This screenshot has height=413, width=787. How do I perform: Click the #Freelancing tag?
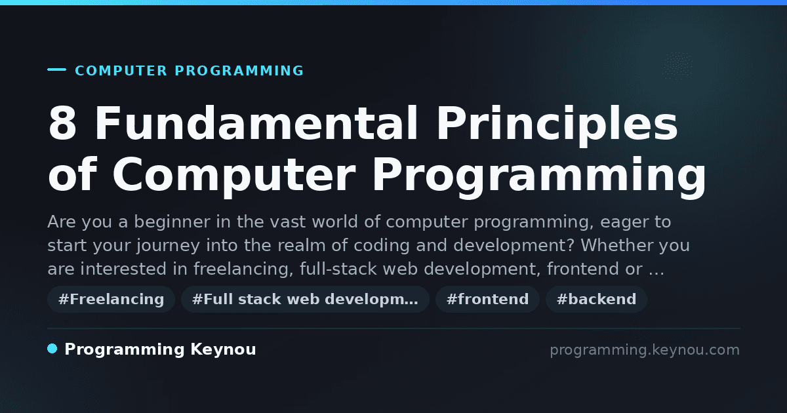(x=111, y=299)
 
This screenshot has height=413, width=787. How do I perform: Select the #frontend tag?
(x=487, y=299)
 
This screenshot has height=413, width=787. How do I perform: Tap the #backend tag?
(x=596, y=299)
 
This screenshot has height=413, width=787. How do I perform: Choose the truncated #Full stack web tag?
(x=305, y=299)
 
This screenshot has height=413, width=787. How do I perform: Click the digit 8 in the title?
(x=62, y=124)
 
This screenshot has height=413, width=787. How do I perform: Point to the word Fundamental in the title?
(x=256, y=123)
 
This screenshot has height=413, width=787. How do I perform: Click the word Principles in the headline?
(x=557, y=127)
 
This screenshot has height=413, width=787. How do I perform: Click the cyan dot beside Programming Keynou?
(x=52, y=349)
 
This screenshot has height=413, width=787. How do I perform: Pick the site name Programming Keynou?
(x=160, y=349)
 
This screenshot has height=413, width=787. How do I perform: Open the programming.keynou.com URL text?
(x=645, y=350)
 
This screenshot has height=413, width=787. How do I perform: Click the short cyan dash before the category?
(x=56, y=69)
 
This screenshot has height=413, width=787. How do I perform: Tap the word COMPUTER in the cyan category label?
(x=121, y=71)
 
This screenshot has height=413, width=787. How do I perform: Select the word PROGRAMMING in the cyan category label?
(x=239, y=71)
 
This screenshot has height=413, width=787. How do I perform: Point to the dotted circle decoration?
(x=677, y=65)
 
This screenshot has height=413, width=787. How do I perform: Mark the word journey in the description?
(x=169, y=246)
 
